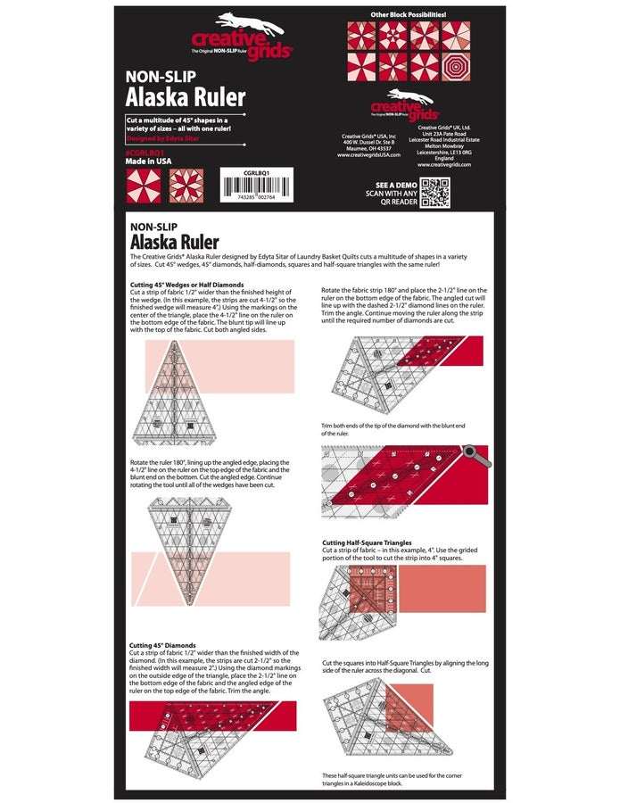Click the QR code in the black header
[434, 192]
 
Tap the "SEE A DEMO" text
[389, 185]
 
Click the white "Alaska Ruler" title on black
[185, 97]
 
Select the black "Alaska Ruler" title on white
[174, 242]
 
